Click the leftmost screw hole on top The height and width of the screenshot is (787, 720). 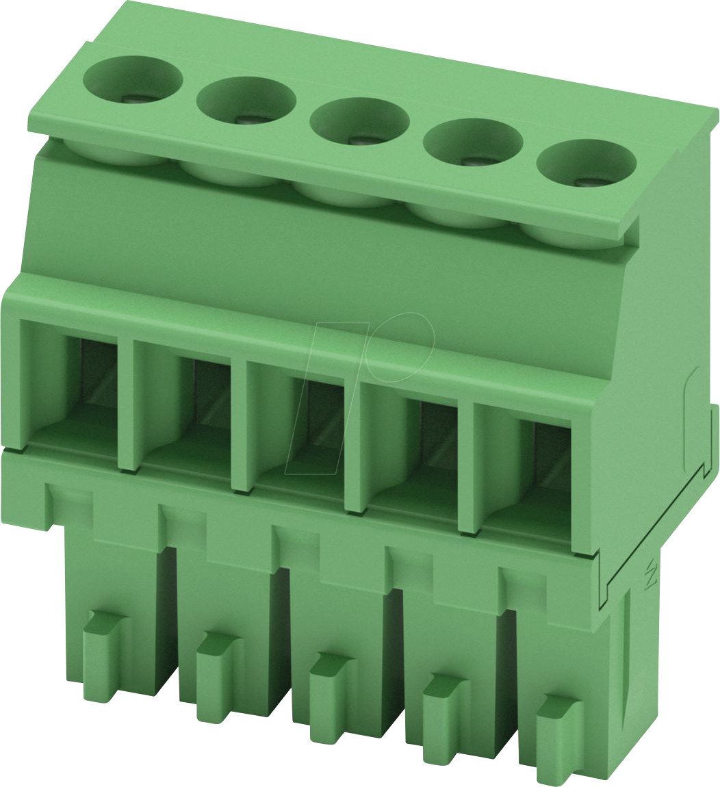(x=133, y=81)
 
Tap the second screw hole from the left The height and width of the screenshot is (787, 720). (x=246, y=101)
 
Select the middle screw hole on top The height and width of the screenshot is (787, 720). (x=359, y=122)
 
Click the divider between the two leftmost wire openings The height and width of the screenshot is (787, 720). (x=126, y=404)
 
